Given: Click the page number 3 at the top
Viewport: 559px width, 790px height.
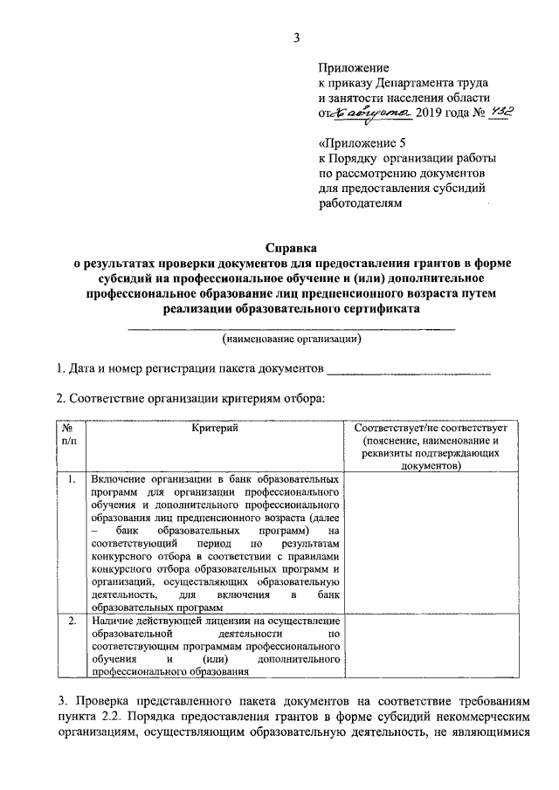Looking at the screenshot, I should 296,37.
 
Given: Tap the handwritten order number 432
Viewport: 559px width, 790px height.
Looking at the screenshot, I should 505,113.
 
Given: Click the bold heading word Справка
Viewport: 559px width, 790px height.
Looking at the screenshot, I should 291,248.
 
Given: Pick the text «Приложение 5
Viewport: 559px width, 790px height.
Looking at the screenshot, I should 359,142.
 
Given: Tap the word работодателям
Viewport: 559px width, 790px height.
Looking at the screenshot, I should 361,205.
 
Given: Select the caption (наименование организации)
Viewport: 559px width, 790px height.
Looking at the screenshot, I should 292,338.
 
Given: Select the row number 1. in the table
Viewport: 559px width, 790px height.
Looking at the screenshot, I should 70,480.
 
